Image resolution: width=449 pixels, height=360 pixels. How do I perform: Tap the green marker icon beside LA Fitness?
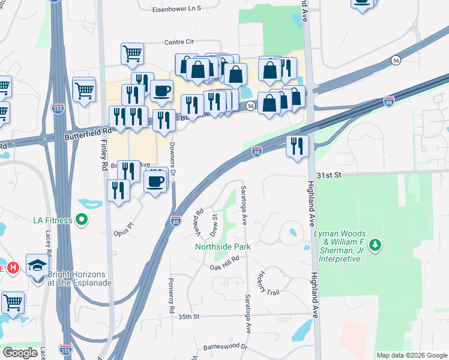pos(82,220)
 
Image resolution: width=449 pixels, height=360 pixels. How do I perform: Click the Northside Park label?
pos(222,246)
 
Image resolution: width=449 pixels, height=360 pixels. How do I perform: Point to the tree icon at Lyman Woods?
pos(375,244)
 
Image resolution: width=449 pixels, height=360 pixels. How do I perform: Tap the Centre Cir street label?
pos(180,42)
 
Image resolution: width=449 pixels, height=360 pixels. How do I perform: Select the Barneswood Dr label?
pos(225,347)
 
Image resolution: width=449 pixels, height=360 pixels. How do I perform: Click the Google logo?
pos(20,353)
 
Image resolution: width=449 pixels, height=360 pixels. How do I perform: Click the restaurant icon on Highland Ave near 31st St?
pos(297,146)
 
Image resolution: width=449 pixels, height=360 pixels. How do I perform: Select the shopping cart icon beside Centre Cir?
pos(132,53)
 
